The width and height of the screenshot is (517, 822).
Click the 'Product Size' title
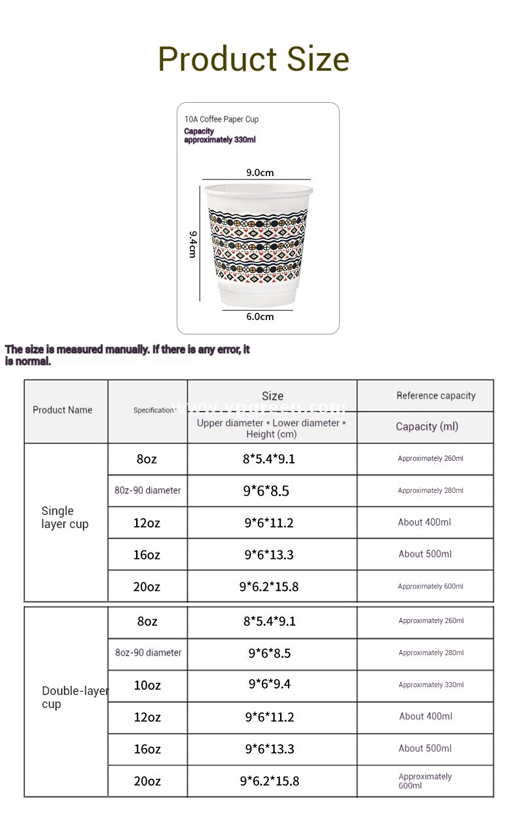pos(254,59)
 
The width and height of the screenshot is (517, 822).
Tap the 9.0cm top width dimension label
pos(260,173)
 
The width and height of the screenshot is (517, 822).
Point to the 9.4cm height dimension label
pos(192,243)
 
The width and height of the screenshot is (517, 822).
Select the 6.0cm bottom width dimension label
pos(260,317)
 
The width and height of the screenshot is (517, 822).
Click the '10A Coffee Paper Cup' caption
pos(221,119)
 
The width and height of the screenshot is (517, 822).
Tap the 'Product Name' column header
pos(62,410)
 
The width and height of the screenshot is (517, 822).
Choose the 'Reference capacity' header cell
pos(436,395)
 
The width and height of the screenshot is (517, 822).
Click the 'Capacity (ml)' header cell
pos(427,427)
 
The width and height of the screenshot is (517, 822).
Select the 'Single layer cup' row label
pos(64,518)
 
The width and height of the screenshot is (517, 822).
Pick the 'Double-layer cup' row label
pos(73,698)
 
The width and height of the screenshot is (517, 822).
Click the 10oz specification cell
pos(147,685)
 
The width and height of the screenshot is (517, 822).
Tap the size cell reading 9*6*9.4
pos(269,685)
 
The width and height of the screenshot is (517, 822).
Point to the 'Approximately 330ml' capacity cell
pos(431,685)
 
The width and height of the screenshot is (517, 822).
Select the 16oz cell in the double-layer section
pos(147,749)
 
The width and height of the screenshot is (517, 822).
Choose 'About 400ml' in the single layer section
pos(424,522)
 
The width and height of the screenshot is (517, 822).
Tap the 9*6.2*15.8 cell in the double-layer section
pos(269,781)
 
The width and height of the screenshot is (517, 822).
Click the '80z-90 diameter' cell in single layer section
pos(147,490)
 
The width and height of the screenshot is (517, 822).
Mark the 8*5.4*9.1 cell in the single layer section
pos(269,459)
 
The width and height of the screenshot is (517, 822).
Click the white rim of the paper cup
pos(256,189)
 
